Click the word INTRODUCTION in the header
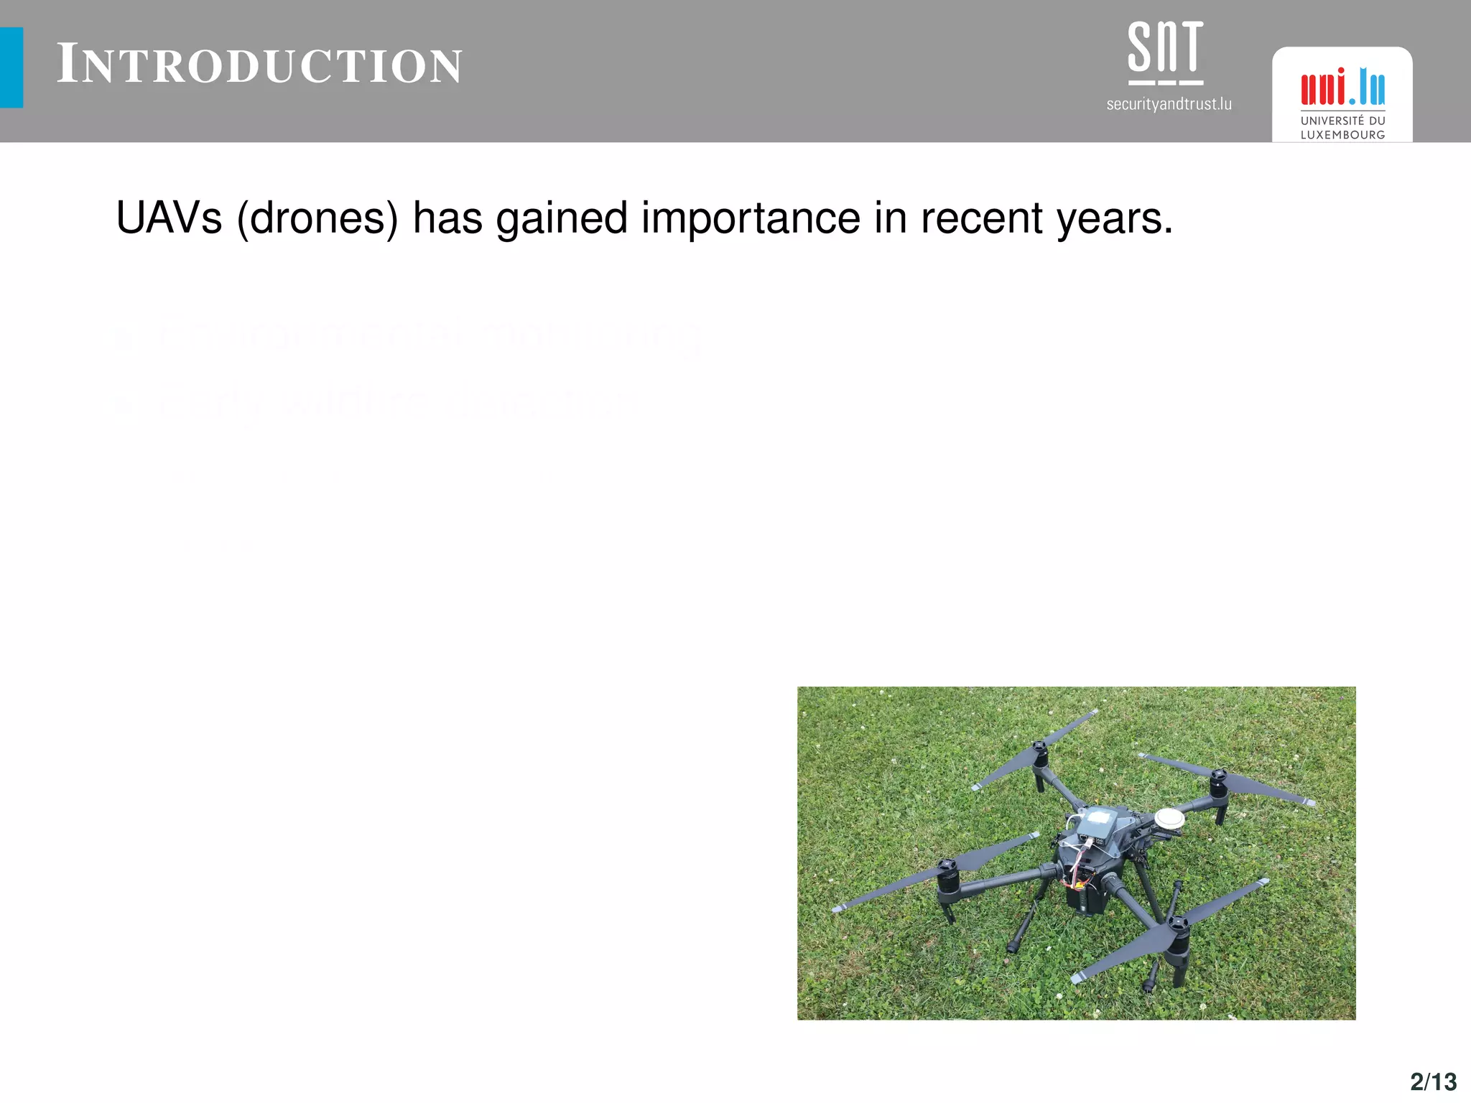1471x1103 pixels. [259, 65]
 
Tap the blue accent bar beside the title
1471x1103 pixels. [11, 68]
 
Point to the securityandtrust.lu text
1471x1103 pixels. [1169, 105]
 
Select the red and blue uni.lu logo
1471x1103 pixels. [1342, 88]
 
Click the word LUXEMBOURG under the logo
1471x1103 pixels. [1342, 135]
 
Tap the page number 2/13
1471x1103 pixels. [1433, 1081]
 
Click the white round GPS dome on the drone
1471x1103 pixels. [1169, 818]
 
